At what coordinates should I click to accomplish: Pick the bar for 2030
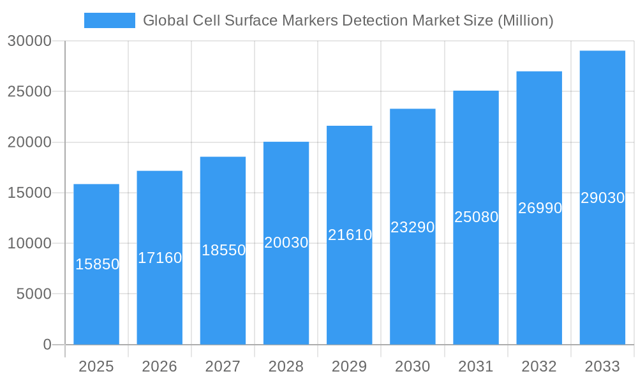click(413, 287)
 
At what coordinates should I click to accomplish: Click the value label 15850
click(97, 264)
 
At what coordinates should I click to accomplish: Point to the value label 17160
click(160, 258)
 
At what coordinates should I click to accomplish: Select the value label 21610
click(350, 235)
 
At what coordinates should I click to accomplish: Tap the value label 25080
click(476, 217)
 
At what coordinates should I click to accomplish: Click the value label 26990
click(540, 208)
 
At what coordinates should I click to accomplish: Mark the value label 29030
click(602, 198)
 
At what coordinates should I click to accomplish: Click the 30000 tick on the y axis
click(29, 41)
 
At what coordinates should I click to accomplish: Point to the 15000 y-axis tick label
click(29, 193)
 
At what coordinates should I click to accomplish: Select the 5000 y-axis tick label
click(33, 294)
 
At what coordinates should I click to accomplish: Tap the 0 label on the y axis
click(47, 345)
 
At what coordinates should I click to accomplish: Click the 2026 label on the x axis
click(159, 366)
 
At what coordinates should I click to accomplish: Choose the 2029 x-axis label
click(350, 366)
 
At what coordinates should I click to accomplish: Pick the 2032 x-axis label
click(539, 366)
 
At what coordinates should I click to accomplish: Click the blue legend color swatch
click(110, 20)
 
